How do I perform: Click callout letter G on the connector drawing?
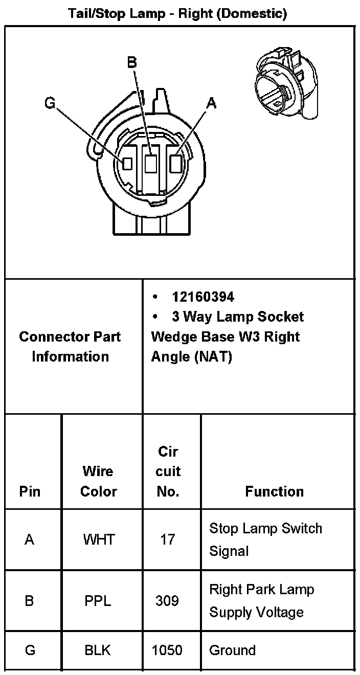click(50, 103)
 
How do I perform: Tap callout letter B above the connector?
click(132, 62)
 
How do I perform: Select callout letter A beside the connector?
click(211, 103)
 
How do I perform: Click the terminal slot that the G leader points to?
click(127, 164)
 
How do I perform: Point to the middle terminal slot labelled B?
click(151, 164)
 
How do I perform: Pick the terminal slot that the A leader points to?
click(175, 164)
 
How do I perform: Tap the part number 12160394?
click(203, 297)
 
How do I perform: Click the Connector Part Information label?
click(70, 346)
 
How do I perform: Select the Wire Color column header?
click(98, 481)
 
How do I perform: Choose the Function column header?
click(274, 491)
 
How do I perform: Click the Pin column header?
click(30, 491)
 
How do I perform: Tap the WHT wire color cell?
click(99, 539)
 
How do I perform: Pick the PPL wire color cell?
click(98, 600)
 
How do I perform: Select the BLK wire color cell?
click(98, 650)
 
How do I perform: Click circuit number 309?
click(167, 600)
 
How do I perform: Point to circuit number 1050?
click(167, 650)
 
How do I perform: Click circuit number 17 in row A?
click(167, 539)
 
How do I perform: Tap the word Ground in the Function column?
click(232, 650)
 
